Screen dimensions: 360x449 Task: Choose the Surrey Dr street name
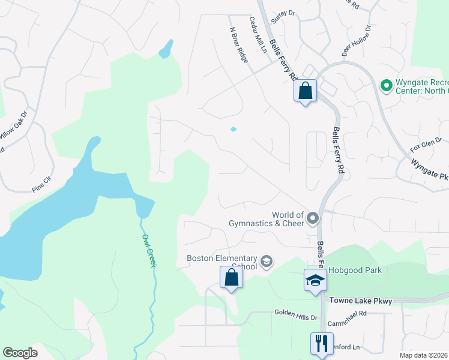coord(283,14)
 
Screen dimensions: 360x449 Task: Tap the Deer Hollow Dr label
coord(357,41)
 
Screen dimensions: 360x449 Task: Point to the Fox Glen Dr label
coord(426,145)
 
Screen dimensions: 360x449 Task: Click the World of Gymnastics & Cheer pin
coord(312,218)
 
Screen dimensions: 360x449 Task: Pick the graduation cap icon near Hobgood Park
coord(315,281)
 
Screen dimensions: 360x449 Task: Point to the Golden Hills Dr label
coord(295,312)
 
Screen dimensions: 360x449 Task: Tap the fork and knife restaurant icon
coord(321,343)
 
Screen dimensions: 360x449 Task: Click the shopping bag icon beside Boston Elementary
coord(231,278)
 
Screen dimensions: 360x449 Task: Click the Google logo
coord(20,353)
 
